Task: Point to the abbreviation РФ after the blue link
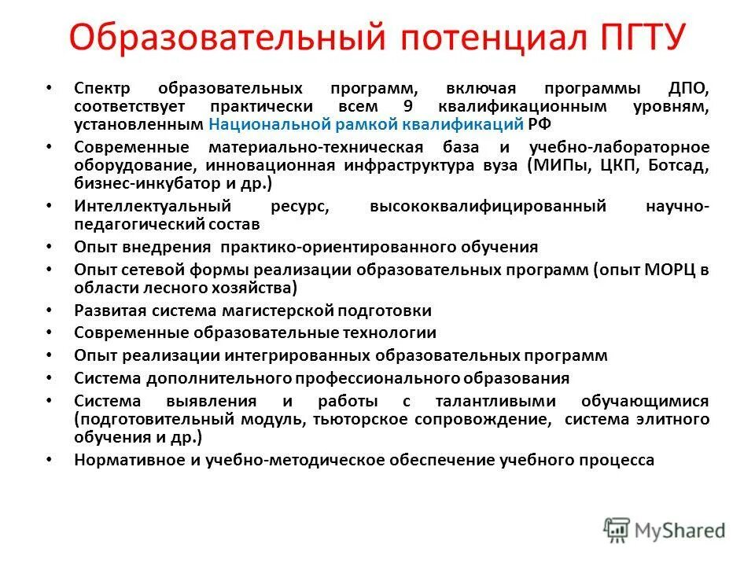tap(538, 125)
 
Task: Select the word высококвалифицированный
tap(488, 206)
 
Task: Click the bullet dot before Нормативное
tap(50, 460)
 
